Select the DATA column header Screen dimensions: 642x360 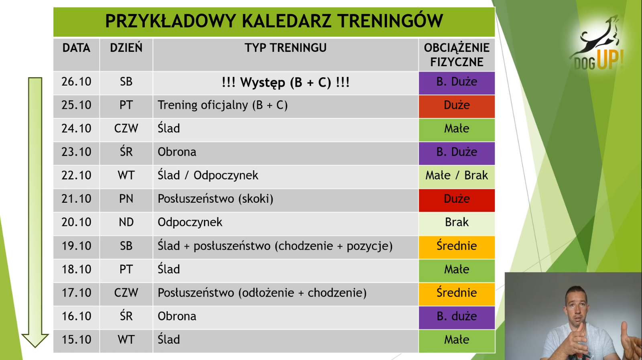coord(76,55)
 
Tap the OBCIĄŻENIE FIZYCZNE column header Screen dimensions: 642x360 coord(457,55)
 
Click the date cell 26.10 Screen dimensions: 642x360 coord(76,83)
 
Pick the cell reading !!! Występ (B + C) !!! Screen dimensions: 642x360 coord(285,83)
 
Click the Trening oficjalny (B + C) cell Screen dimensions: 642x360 coord(285,106)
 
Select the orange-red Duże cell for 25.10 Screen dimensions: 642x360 coord(457,106)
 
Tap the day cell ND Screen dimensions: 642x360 coord(126,224)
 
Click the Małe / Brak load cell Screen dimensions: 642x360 coord(457,177)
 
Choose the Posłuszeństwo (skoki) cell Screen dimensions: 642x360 coord(285,200)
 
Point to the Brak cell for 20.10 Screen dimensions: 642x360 coord(457,224)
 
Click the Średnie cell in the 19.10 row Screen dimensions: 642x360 coord(457,247)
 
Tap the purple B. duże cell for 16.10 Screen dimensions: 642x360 coord(457,317)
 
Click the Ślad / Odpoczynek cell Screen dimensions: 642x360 coord(285,177)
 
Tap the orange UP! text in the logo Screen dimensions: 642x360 coord(610,59)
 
